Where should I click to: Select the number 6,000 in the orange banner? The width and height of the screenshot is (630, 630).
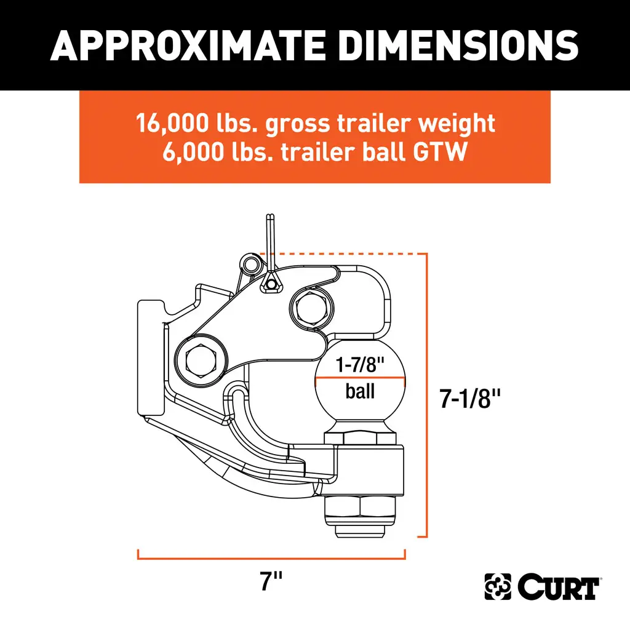click(x=193, y=152)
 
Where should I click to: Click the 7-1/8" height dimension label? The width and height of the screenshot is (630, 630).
click(x=469, y=399)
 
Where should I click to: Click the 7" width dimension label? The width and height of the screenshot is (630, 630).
click(x=271, y=581)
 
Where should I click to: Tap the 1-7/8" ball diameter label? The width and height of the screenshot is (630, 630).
click(x=360, y=364)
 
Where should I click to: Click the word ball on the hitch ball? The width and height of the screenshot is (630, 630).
click(x=360, y=391)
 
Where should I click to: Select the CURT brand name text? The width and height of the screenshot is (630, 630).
click(x=558, y=587)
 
